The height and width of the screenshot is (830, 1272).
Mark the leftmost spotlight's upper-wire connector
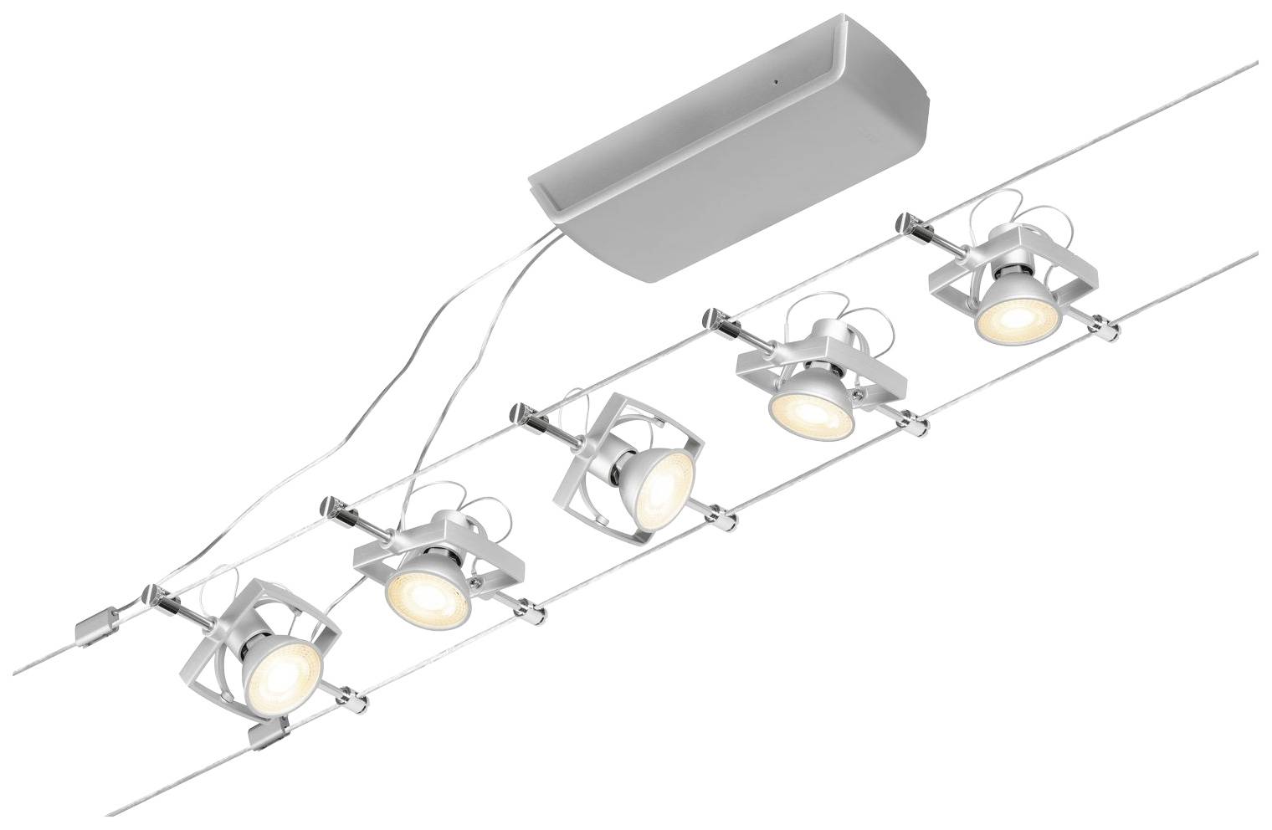[154, 597]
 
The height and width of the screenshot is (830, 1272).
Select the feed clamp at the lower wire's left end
[266, 736]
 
